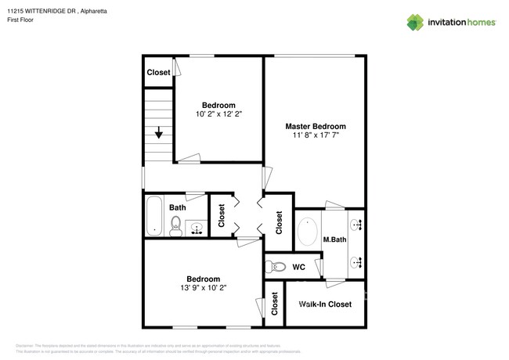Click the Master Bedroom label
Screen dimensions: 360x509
point(315,125)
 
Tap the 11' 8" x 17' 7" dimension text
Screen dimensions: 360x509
point(315,135)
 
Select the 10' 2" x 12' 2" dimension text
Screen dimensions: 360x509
point(218,114)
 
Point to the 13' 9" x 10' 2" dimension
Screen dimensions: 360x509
point(203,288)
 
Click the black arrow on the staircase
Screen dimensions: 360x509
point(159,133)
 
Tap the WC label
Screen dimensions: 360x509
point(298,267)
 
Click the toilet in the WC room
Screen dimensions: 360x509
point(273,265)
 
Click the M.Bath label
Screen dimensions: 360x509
point(334,239)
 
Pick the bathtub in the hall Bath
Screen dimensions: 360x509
point(154,216)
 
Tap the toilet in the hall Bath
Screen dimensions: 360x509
point(176,227)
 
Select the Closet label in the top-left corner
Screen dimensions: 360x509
point(158,73)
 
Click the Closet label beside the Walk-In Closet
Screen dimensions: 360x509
point(275,303)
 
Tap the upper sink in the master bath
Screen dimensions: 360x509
point(357,225)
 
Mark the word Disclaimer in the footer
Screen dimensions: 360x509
point(28,344)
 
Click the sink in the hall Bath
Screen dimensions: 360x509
point(196,228)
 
